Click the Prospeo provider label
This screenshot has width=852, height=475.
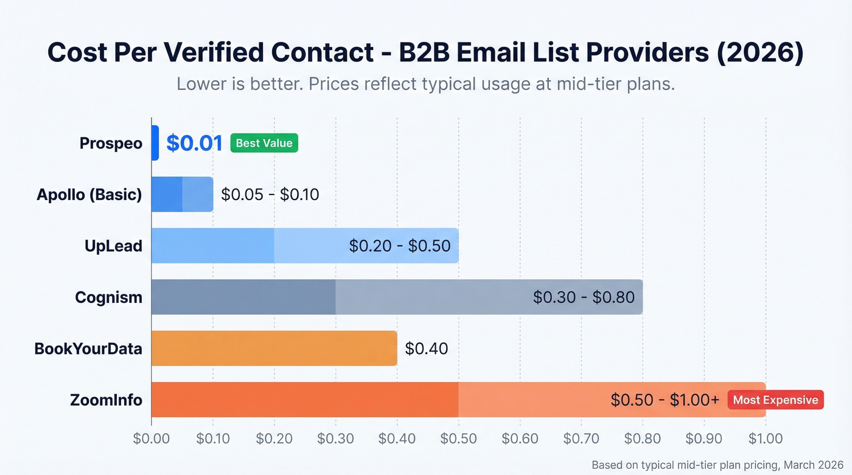click(x=111, y=144)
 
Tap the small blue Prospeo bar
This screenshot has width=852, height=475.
click(x=155, y=143)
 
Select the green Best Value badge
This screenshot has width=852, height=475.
click(x=264, y=144)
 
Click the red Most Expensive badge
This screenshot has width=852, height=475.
click(x=775, y=400)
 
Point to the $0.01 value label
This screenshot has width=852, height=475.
click(x=194, y=144)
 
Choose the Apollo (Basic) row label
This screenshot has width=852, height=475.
click(x=89, y=195)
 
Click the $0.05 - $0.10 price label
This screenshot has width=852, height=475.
click(x=270, y=195)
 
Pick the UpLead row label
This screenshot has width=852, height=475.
click(x=113, y=246)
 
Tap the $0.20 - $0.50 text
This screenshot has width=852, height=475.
click(x=399, y=246)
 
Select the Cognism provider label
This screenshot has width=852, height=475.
click(x=108, y=297)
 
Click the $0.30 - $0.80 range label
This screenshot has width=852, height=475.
click(x=584, y=297)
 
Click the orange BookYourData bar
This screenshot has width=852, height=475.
click(x=274, y=348)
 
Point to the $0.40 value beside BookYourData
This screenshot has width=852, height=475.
click(x=427, y=348)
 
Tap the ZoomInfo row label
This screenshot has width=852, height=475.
click(x=106, y=400)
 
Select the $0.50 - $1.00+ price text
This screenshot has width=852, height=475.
click(x=665, y=400)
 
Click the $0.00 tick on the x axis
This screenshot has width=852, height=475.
click(x=152, y=439)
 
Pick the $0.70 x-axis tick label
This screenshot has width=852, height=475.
click(x=581, y=439)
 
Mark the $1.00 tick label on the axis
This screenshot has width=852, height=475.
click(x=765, y=439)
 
